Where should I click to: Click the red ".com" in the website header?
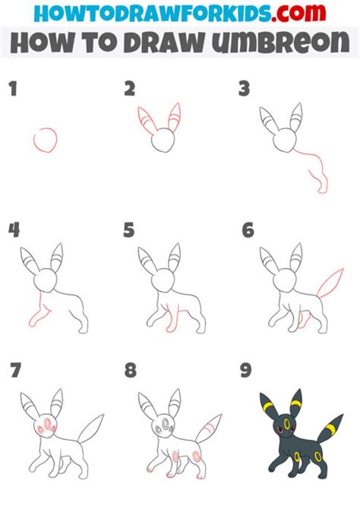click(298, 13)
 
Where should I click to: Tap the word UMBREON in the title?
click(281, 43)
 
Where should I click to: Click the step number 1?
click(13, 89)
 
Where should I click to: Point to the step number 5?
click(129, 230)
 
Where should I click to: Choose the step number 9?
click(245, 370)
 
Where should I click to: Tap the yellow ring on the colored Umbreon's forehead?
click(286, 424)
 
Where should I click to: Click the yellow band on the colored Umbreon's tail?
click(331, 429)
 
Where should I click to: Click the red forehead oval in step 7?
click(48, 424)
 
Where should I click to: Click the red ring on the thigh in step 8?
click(197, 457)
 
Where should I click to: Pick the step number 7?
click(16, 370)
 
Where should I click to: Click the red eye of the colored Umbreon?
click(279, 431)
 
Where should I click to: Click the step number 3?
click(244, 89)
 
